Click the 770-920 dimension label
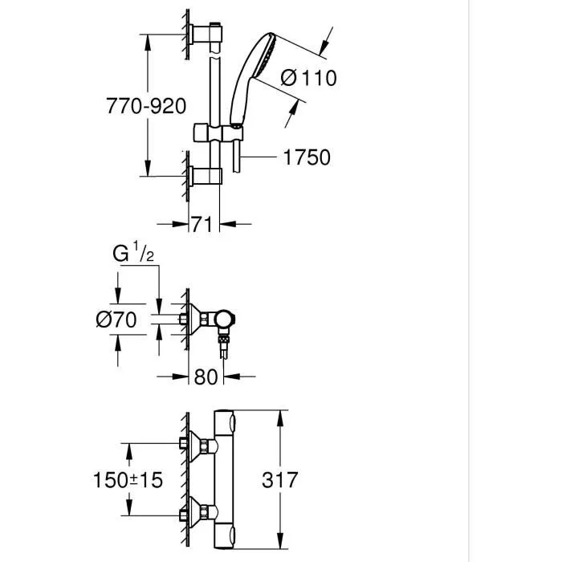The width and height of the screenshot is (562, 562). pos(146,105)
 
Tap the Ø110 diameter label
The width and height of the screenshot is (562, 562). pos(309,78)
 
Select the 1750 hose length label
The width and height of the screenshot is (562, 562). pos(306,157)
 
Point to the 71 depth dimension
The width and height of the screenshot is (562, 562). pos(202,225)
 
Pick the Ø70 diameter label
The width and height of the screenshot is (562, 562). pos(116,319)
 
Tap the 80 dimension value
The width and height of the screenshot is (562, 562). pos(206,376)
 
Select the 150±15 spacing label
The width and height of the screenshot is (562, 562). pos(126,479)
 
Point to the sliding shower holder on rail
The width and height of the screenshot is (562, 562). pos(214,132)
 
